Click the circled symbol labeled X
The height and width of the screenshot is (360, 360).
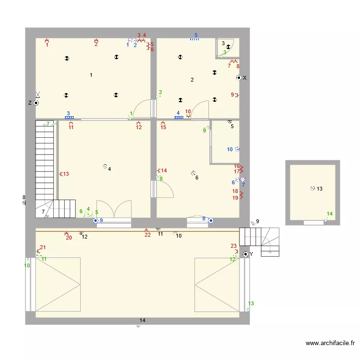click(239, 78)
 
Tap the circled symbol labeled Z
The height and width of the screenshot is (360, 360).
click(36, 103)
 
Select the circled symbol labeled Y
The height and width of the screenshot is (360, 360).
click(246, 254)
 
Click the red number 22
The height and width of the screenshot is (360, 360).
click(148, 235)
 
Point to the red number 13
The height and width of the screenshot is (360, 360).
click(66, 174)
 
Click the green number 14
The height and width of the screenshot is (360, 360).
click(330, 214)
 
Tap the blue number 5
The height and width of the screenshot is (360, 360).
click(196, 35)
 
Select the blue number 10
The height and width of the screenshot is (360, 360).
click(230, 149)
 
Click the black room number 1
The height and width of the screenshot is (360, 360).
click(91, 75)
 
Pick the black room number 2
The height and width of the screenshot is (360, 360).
click(192, 80)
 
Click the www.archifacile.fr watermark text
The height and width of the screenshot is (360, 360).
click(330, 343)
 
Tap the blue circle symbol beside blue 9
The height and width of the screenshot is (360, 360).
click(96, 221)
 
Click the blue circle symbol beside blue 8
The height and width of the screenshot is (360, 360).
click(211, 221)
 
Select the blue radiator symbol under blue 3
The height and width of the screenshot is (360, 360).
click(69, 118)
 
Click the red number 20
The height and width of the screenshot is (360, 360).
click(69, 238)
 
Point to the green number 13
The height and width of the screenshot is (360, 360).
click(251, 303)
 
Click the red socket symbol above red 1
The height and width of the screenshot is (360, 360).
click(47, 40)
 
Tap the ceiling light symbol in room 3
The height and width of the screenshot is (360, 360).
click(228, 47)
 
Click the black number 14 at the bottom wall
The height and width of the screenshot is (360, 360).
click(143, 320)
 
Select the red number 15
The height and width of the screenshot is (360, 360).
click(163, 127)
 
